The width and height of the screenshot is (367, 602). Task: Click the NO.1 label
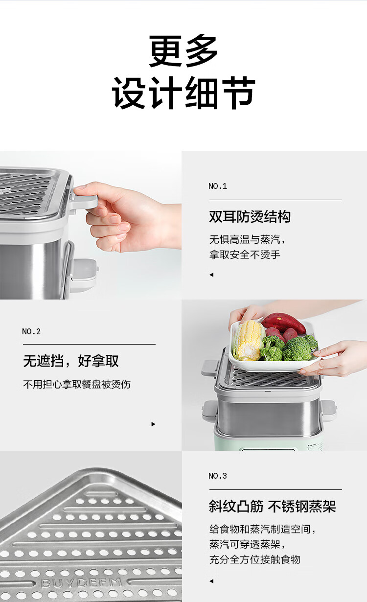click(x=218, y=186)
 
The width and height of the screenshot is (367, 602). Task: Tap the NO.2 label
click(x=31, y=332)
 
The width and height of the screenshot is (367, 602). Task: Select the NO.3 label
click(x=218, y=476)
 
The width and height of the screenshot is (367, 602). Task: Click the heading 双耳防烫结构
click(x=250, y=217)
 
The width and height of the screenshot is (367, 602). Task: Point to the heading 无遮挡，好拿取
click(x=70, y=361)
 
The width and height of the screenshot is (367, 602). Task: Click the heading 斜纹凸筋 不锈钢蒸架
click(x=273, y=507)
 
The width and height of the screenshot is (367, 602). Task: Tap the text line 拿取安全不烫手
click(x=245, y=255)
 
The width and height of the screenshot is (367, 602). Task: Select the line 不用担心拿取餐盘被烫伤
click(x=77, y=384)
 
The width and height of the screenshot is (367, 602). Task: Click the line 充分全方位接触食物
click(x=254, y=559)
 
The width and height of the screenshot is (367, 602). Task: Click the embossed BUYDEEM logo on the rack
click(x=81, y=583)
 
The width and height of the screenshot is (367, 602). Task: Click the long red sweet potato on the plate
click(x=284, y=323)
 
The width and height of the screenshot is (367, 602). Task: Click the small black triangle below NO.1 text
click(x=211, y=275)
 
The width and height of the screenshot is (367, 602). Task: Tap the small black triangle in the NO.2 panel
click(x=154, y=424)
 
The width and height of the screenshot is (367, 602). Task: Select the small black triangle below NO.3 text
click(x=211, y=581)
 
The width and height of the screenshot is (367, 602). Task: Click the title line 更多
click(x=183, y=51)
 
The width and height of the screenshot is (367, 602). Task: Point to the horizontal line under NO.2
click(x=89, y=344)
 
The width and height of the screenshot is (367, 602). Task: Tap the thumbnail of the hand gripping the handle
click(x=91, y=225)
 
